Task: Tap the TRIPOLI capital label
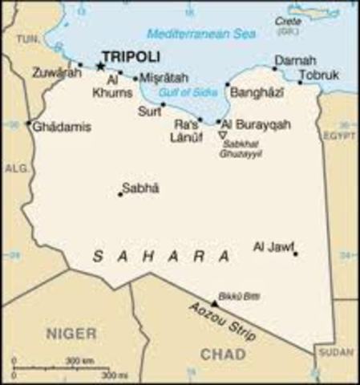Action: click(134, 56)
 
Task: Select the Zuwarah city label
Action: click(57, 73)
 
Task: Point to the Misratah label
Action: click(164, 78)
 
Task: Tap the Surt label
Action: click(150, 111)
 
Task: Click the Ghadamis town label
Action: click(63, 127)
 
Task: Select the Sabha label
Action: click(140, 188)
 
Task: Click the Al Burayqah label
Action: click(255, 125)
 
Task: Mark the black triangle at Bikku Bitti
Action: click(214, 304)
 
